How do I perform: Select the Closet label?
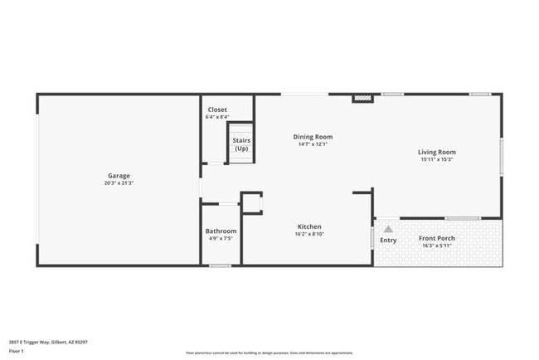pos(217,109)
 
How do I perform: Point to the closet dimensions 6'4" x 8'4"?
pos(217,117)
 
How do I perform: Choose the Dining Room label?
pos(313,137)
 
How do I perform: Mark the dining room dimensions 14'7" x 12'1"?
pos(313,144)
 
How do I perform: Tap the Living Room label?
pos(437,152)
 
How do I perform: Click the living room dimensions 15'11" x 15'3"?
pos(437,159)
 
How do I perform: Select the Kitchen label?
pos(309,226)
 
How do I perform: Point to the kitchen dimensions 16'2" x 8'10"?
pos(309,234)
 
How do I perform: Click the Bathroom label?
pos(221,231)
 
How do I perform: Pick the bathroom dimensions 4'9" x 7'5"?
pos(221,239)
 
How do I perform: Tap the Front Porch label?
pos(438,238)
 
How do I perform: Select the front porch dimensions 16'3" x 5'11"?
pos(438,246)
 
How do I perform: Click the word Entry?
pos(388,241)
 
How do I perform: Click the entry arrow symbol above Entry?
pos(387,228)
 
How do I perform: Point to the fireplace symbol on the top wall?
pos(362,98)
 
